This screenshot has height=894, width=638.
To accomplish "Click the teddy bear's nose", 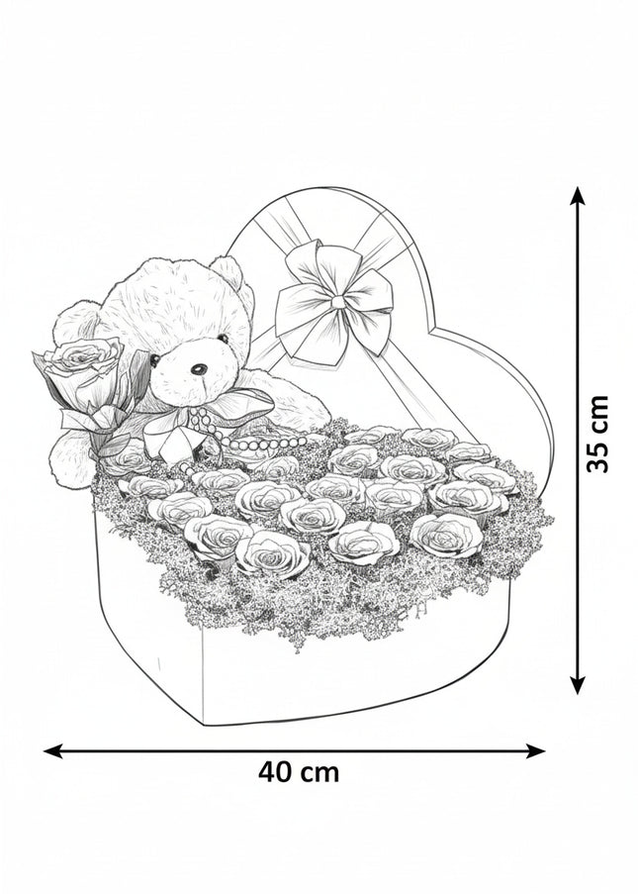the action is (199, 369).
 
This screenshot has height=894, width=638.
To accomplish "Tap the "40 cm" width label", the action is (299, 772).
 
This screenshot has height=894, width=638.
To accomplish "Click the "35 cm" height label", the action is (597, 434).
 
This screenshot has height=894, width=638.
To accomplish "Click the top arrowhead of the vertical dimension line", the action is (579, 196).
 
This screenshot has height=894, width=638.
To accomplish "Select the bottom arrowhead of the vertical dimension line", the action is (579, 685).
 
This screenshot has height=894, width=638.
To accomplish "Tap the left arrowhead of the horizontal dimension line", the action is (53, 750).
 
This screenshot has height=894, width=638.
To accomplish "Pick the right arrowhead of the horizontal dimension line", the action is (536, 750).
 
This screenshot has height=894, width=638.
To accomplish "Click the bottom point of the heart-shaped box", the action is (204, 724).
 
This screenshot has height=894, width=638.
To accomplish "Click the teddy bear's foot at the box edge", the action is (71, 459).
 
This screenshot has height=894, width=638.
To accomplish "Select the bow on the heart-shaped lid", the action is (334, 302).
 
